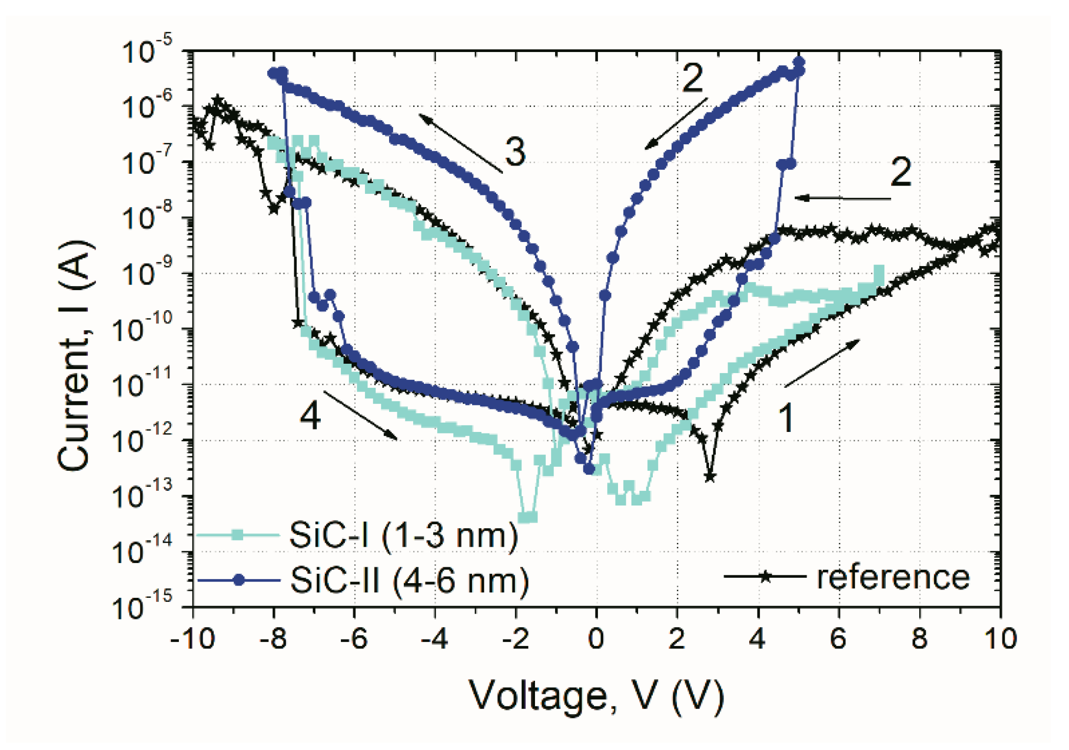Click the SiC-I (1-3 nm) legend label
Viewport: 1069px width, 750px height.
coord(403,535)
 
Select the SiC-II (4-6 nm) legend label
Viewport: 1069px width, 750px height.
coord(409,581)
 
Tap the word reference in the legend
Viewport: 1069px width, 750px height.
coord(893,577)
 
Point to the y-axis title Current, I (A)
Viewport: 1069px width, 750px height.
coord(75,355)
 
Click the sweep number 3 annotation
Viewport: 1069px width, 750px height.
coord(515,151)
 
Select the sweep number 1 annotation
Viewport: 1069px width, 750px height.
coord(786,418)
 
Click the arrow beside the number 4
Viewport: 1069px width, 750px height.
coord(361,415)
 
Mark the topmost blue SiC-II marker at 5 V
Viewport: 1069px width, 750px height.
coord(799,62)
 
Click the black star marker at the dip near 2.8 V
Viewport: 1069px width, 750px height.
coord(709,476)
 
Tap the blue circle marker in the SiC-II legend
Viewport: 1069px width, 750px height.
coord(239,581)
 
